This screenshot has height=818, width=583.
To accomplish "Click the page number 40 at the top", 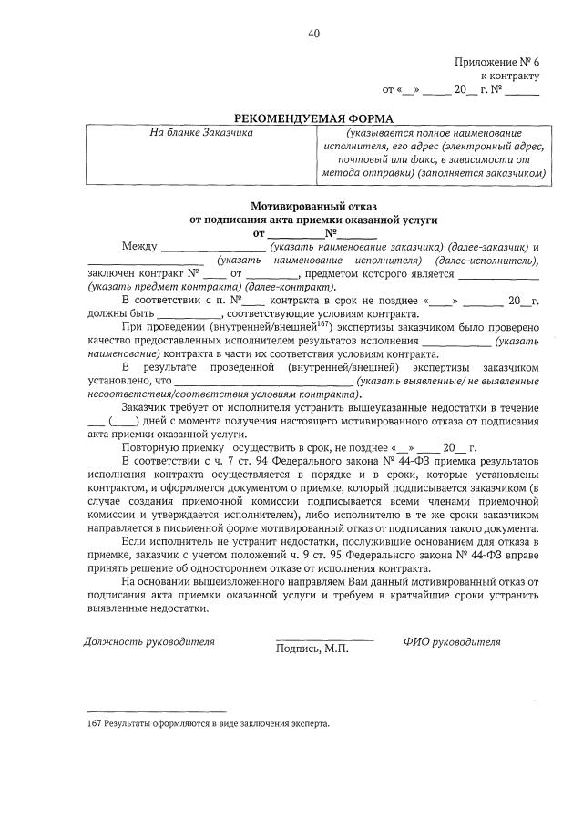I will tap(313, 34).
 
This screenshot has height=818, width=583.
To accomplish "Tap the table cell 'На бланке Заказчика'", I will tap(201, 132).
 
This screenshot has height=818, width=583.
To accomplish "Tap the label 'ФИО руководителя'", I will tap(452, 641).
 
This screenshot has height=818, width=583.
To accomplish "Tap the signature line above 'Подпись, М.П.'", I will tap(324, 640).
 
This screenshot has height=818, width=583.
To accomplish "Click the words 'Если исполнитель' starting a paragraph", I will tap(165, 542).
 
